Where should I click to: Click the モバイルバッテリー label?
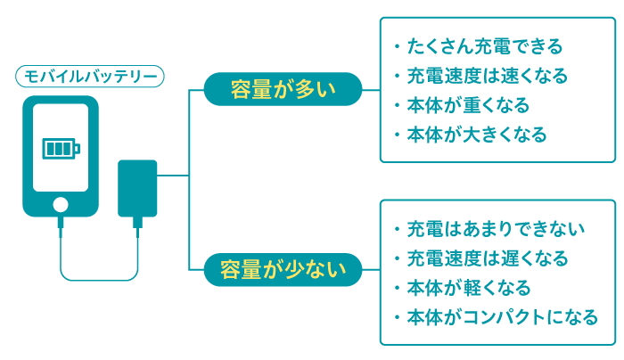click(x=89, y=77)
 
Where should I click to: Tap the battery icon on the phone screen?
click(x=60, y=148)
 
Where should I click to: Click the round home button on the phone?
click(x=60, y=204)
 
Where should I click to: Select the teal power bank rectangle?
click(x=137, y=188)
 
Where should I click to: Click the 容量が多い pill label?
click(x=283, y=88)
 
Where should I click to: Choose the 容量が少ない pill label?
click(x=283, y=266)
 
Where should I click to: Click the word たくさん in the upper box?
click(x=435, y=46)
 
